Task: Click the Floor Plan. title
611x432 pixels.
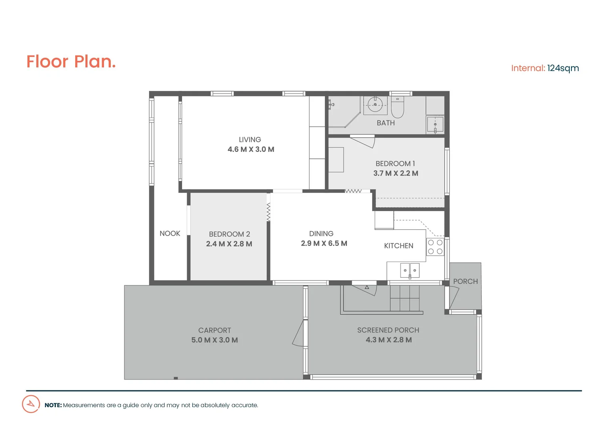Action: pyautogui.click(x=71, y=62)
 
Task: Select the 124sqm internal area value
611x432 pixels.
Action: pyautogui.click(x=563, y=68)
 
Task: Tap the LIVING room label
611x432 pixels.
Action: pyautogui.click(x=250, y=140)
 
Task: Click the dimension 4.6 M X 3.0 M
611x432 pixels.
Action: pyautogui.click(x=251, y=149)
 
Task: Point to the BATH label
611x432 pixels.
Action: pyautogui.click(x=385, y=123)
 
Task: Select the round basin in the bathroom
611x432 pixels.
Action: pyautogui.click(x=375, y=105)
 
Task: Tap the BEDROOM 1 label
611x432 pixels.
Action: pyautogui.click(x=395, y=164)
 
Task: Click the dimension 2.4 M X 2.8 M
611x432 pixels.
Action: pyautogui.click(x=229, y=244)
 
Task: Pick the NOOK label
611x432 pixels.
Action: pyautogui.click(x=170, y=233)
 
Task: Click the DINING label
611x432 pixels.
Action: pyautogui.click(x=321, y=234)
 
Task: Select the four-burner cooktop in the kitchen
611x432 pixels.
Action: pyautogui.click(x=435, y=247)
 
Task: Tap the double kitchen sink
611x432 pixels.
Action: pyautogui.click(x=410, y=270)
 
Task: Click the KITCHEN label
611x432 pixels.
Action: pyautogui.click(x=399, y=246)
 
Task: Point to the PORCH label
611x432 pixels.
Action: pyautogui.click(x=465, y=281)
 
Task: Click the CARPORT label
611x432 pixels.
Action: pyautogui.click(x=214, y=330)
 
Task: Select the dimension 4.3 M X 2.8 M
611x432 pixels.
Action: pyautogui.click(x=389, y=340)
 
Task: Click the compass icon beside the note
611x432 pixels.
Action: pyautogui.click(x=31, y=404)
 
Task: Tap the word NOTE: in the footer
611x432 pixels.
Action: pyautogui.click(x=53, y=405)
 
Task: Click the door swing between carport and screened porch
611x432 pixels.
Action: pyautogui.click(x=299, y=334)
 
